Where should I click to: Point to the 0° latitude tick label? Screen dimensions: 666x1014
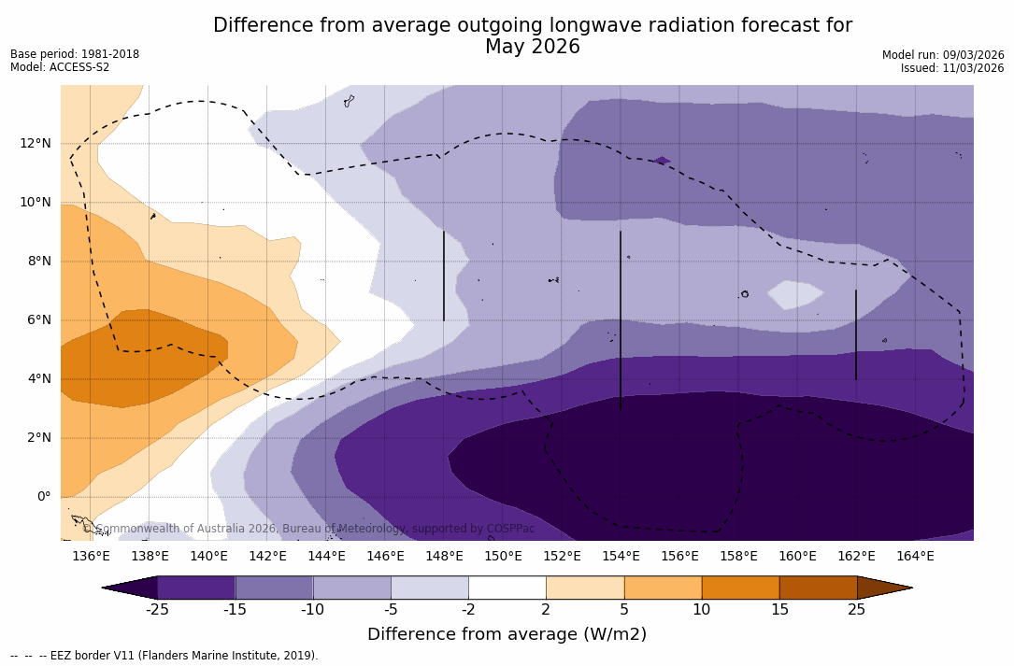click(x=43, y=497)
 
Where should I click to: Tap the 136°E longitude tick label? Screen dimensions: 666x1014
click(x=91, y=557)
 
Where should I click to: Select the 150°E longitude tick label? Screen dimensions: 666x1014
click(x=503, y=557)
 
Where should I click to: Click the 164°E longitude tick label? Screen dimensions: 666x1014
click(x=915, y=557)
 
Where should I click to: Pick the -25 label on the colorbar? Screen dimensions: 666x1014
click(x=157, y=610)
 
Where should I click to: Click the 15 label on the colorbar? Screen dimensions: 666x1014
click(x=778, y=610)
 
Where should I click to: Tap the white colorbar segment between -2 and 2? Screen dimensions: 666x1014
click(x=507, y=588)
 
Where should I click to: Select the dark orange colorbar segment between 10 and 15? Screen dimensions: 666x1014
click(x=739, y=588)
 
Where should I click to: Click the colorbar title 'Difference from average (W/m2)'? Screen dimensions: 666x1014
click(x=507, y=634)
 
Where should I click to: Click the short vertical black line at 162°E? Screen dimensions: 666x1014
click(x=855, y=334)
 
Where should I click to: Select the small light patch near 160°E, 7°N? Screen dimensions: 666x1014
click(x=794, y=294)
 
